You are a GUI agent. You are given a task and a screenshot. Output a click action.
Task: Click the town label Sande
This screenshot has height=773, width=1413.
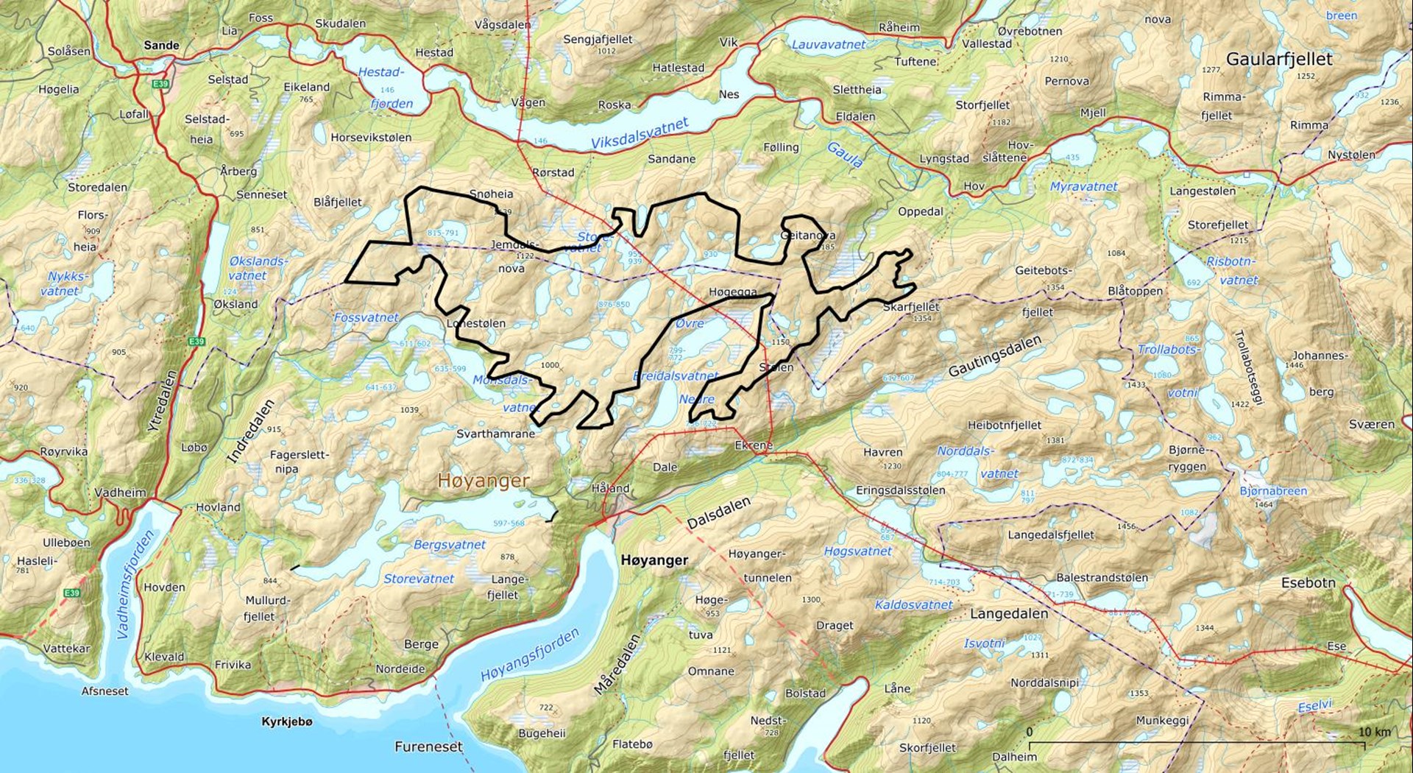161,46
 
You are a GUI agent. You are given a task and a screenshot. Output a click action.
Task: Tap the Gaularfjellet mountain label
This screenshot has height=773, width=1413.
1279,60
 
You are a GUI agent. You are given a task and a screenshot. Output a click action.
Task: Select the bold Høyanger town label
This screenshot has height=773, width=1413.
654,560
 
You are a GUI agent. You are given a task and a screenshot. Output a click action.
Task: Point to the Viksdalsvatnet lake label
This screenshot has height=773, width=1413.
640,134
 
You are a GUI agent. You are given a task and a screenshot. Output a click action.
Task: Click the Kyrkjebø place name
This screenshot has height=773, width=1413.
287,721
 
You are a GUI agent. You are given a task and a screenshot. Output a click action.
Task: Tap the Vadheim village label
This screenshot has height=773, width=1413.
120,493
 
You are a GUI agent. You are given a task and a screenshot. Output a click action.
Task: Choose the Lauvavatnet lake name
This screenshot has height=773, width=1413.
829,44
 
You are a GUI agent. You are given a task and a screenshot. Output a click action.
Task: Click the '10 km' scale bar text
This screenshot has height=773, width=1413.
1374,732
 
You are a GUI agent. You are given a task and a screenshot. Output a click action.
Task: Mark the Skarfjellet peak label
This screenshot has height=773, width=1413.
911,307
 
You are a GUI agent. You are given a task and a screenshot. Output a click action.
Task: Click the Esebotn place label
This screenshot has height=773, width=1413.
1308,583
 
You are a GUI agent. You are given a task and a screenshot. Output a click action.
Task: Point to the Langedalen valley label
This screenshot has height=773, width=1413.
1008,614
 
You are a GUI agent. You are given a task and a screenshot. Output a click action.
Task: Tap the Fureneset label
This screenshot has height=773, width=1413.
428,746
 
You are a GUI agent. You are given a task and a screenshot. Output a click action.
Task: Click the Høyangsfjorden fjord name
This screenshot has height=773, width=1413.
530,655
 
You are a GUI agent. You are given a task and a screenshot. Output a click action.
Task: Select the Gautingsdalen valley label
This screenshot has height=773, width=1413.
994,356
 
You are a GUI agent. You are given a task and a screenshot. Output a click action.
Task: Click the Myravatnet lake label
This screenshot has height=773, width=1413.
1083,187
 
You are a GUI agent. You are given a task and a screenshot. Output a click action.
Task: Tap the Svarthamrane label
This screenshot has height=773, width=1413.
495,434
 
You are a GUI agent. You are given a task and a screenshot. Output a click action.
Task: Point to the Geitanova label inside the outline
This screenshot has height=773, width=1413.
807,236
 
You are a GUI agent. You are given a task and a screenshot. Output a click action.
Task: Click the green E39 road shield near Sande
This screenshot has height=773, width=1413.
160,84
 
